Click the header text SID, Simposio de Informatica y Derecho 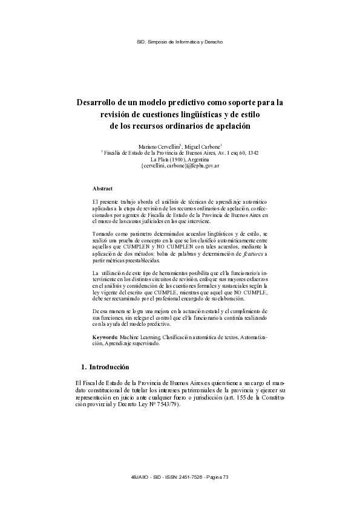coord(180,42)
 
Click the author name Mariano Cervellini coord(159,147)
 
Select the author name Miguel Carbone coord(202,147)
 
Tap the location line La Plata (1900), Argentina coord(180,159)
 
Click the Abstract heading coord(102,189)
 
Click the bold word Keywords coord(105,337)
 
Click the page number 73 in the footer coord(226,478)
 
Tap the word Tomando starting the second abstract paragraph coord(105,233)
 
